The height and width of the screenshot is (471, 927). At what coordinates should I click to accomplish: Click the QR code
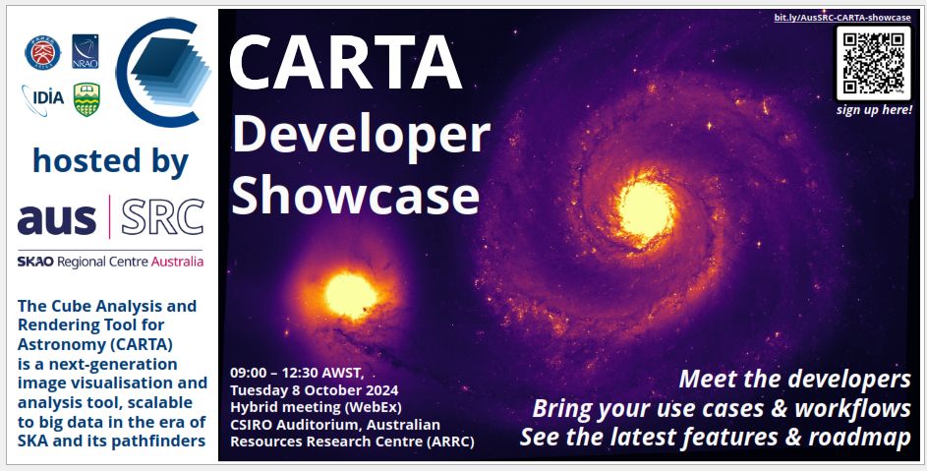tap(873, 62)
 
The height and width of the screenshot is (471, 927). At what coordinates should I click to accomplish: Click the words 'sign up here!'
tap(873, 109)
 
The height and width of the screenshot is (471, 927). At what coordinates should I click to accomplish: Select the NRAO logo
tap(86, 51)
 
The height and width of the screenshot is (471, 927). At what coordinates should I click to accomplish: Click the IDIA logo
tap(42, 97)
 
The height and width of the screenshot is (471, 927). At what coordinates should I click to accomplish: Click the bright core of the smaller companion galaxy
tap(350, 295)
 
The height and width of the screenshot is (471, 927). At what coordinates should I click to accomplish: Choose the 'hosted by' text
tap(110, 160)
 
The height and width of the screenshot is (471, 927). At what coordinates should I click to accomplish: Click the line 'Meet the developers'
tap(794, 380)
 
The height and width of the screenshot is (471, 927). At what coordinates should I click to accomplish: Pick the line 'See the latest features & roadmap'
tap(715, 437)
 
